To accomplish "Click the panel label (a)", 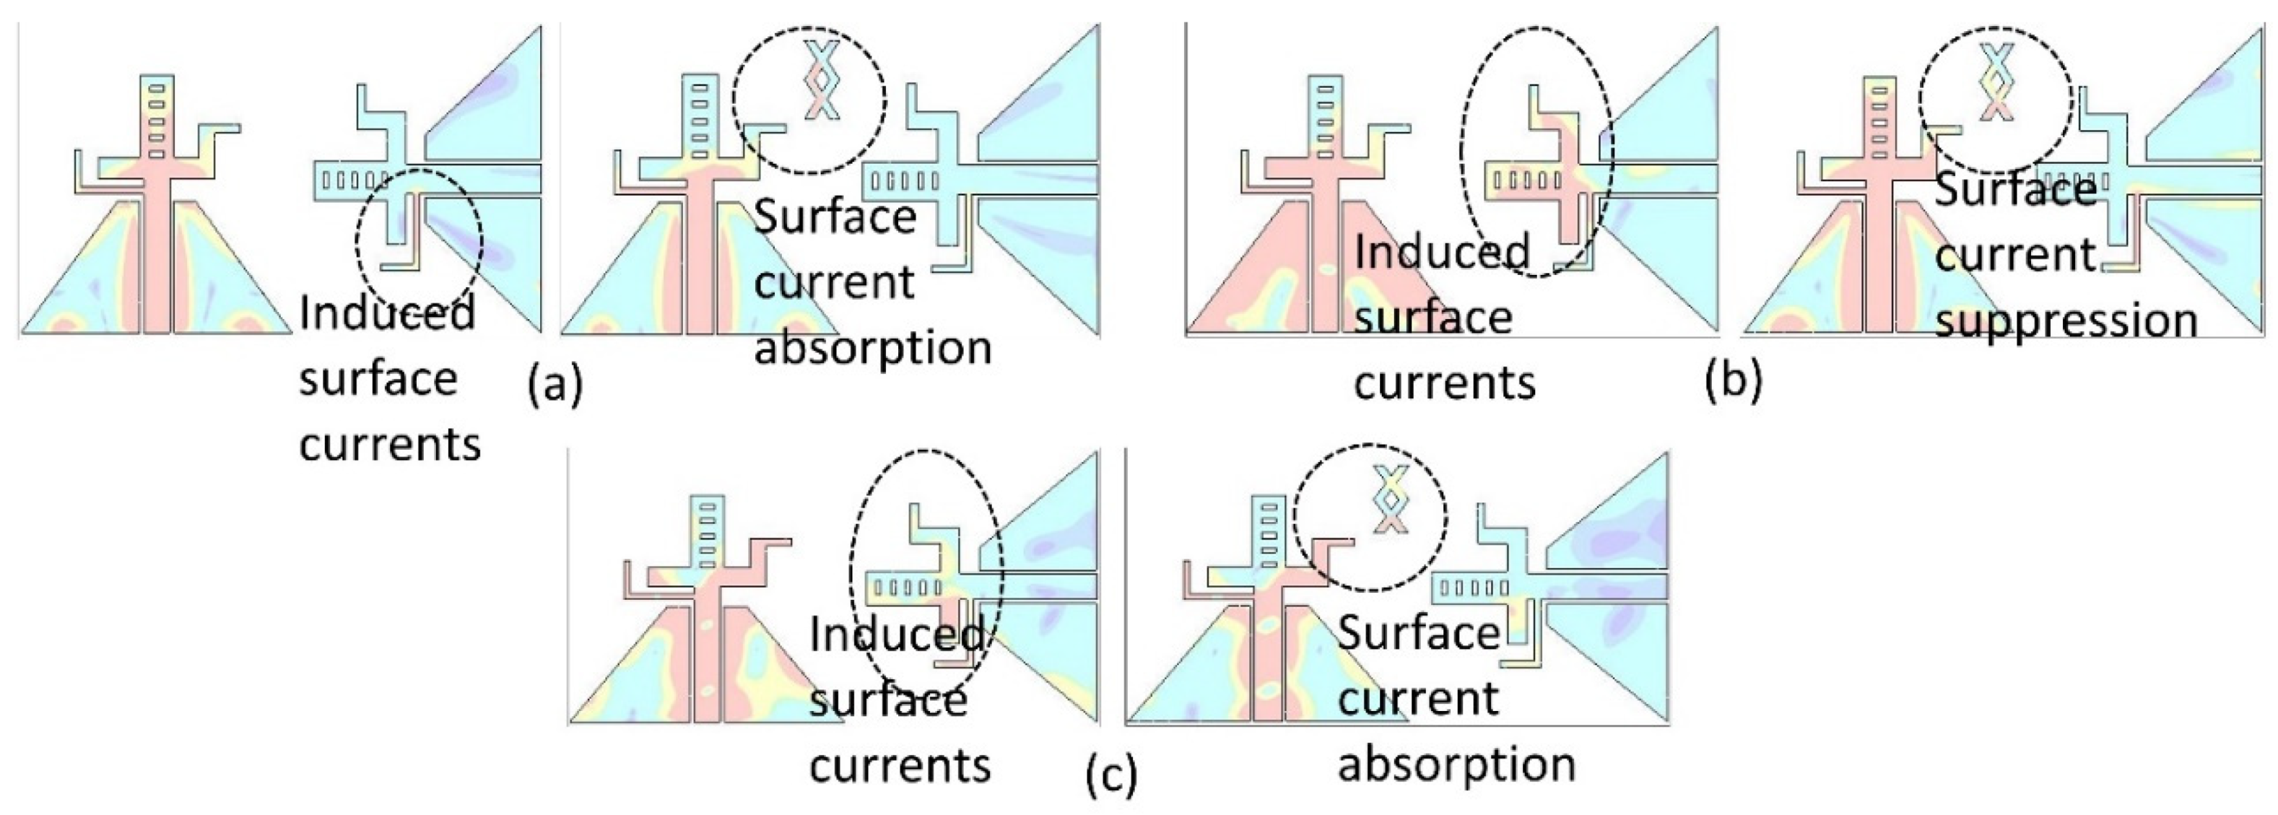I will [555, 385].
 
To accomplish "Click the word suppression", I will [2066, 320].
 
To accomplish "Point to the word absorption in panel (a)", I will [872, 348].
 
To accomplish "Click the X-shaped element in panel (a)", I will [822, 80].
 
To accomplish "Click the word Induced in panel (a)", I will [387, 314].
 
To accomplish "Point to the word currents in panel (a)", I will [390, 445].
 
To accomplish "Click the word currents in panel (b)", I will [1445, 383].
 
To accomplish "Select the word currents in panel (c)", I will [900, 765].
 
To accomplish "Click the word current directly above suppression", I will [2015, 256].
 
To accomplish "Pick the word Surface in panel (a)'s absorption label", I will [835, 217].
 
